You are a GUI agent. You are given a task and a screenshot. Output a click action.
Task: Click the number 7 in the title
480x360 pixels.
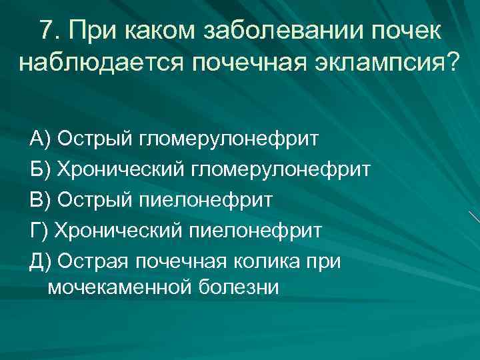coord(46,29)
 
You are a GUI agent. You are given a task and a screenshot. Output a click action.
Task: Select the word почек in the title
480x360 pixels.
coord(406,29)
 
